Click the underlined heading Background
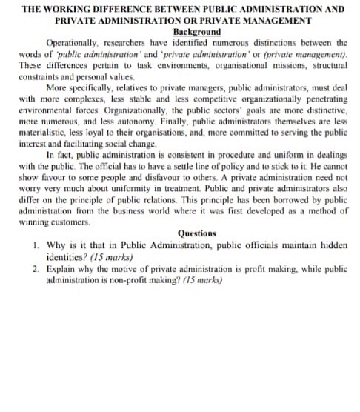(196, 33)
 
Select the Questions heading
(196, 233)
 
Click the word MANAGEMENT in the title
(282, 21)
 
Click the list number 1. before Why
(37, 244)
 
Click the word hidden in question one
(331, 244)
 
